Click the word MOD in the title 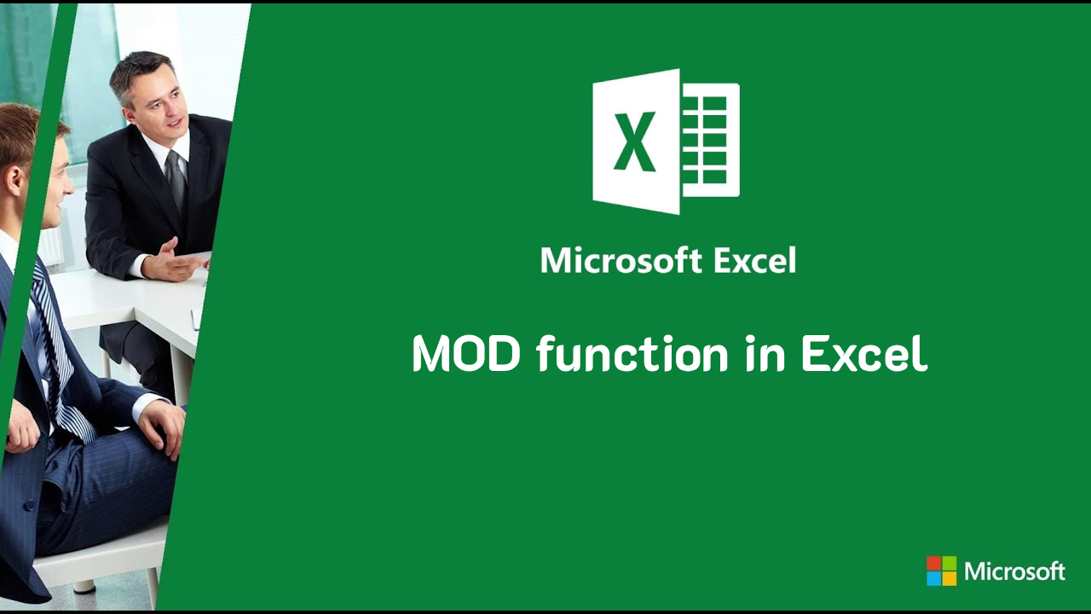[x=465, y=354]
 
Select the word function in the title [x=632, y=354]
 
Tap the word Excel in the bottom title [x=863, y=354]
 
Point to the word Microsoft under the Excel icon [x=621, y=260]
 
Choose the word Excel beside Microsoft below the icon [x=754, y=260]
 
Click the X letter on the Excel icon [x=636, y=142]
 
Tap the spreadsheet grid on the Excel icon [x=710, y=140]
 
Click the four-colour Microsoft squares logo [x=941, y=571]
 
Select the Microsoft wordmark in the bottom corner [x=1014, y=571]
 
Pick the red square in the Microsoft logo [x=934, y=564]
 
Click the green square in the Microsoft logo [x=949, y=564]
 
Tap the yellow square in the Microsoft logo [x=949, y=578]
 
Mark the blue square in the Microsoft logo [x=934, y=578]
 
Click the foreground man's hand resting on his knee [x=162, y=423]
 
